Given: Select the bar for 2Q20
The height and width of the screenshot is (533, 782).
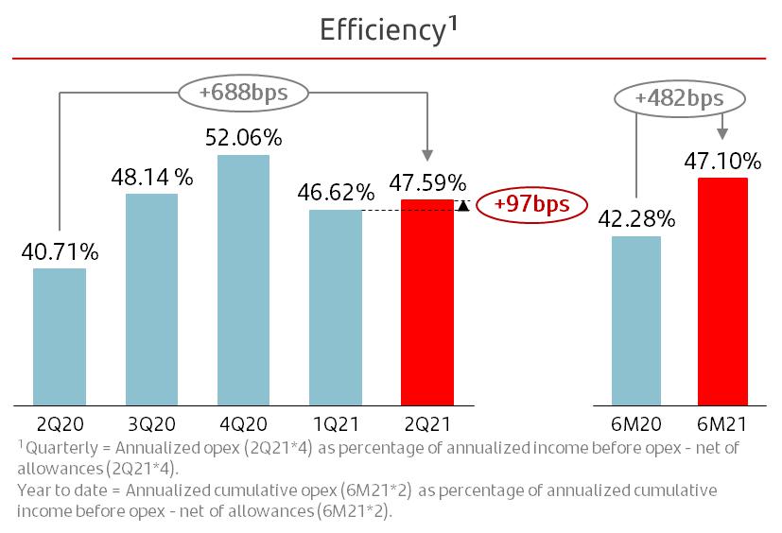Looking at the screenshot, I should [x=60, y=336].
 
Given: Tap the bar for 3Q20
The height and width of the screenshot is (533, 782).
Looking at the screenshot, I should [x=151, y=299].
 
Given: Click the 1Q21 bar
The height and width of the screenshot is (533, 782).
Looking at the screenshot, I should [x=336, y=307].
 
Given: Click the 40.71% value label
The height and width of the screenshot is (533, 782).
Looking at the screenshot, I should [x=60, y=252].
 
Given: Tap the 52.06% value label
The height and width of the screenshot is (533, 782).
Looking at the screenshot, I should [x=243, y=138].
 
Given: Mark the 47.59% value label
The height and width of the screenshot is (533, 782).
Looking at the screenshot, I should [x=427, y=181].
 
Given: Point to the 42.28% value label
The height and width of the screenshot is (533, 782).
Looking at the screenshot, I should [x=635, y=220].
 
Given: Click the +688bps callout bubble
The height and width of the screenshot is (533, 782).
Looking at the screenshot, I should [x=243, y=93].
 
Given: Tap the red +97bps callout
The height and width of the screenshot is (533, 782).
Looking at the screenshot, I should [x=526, y=205].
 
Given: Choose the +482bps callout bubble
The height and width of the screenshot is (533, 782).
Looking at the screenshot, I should [x=679, y=98].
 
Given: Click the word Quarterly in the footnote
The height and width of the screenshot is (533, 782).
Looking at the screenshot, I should [x=57, y=446].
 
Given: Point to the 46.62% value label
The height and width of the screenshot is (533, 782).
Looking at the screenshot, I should [x=336, y=194].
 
